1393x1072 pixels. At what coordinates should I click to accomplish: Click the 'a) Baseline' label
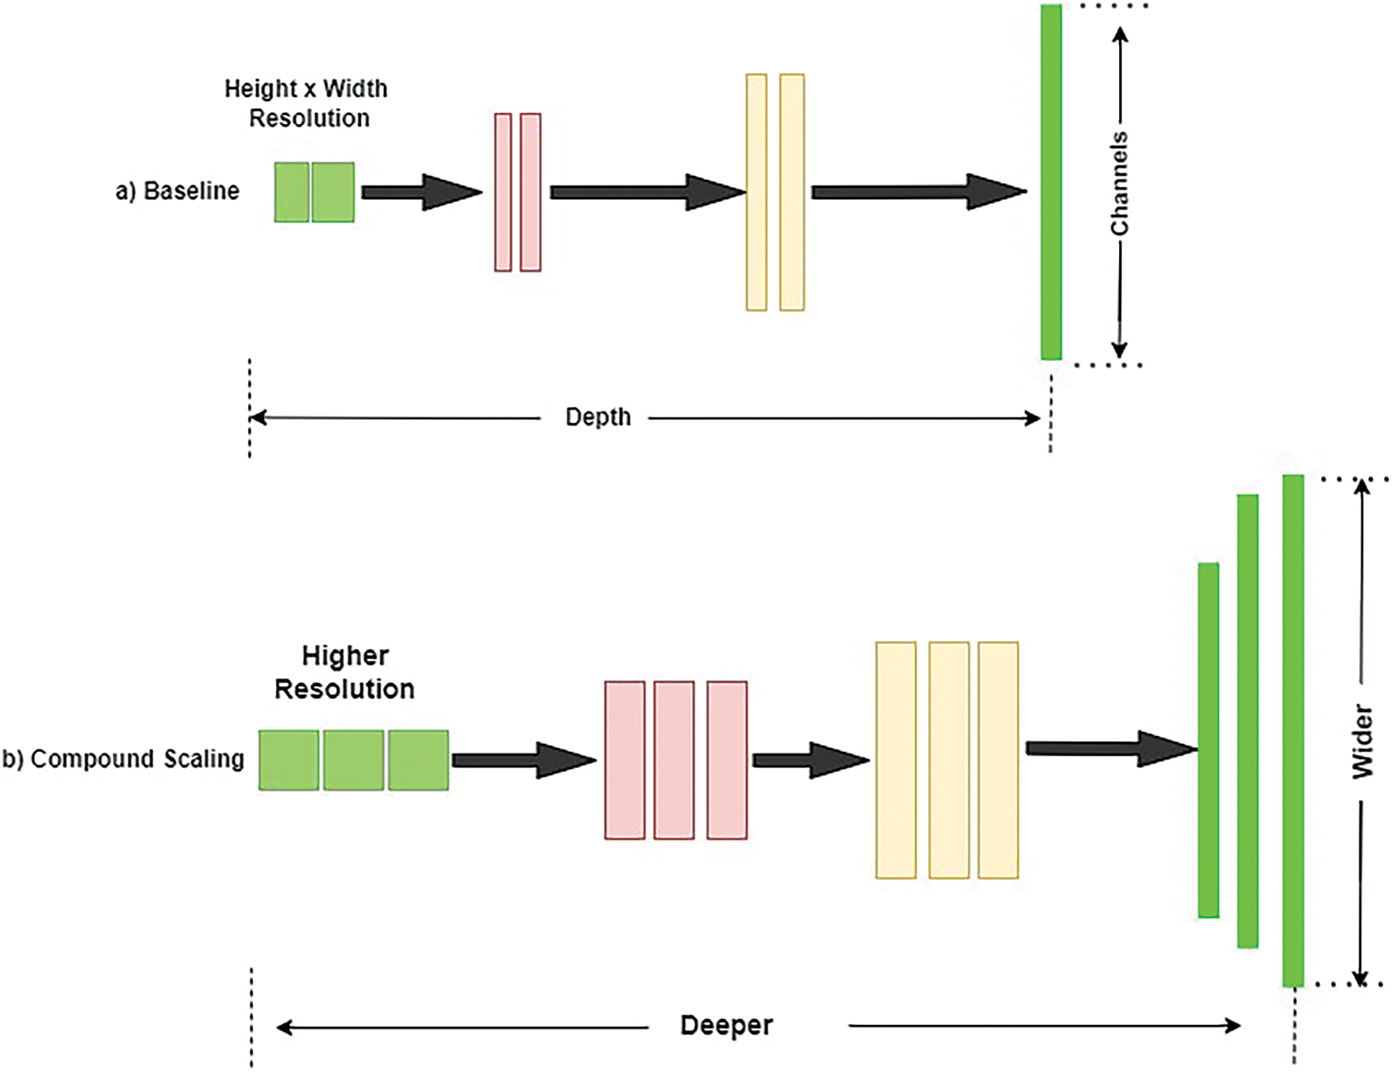coord(177,191)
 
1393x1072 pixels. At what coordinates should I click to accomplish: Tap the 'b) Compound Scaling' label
coord(123,759)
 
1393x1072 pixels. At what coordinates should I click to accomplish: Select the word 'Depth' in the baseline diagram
coord(598,418)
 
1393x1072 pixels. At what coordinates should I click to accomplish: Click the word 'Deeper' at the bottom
coord(726,1026)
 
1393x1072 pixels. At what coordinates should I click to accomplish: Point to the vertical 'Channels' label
coord(1120,183)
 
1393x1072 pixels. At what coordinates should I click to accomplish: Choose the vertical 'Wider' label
coord(1362,741)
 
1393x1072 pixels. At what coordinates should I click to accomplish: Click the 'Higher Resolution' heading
coord(344,672)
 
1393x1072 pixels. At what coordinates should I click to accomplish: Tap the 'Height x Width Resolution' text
coord(306,103)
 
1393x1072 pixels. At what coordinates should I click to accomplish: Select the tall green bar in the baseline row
coord(1051,181)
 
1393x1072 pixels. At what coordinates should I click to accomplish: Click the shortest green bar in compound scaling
coord(1208,740)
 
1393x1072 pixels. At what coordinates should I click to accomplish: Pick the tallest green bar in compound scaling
coord(1293,730)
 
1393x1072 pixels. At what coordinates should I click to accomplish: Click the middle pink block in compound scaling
coord(674,760)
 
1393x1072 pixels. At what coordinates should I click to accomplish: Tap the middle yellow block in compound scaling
coord(949,760)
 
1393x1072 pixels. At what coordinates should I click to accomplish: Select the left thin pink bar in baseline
coord(503,193)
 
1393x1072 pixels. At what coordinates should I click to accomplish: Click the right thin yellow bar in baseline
coord(791,193)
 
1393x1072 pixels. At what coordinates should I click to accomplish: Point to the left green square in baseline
coord(292,193)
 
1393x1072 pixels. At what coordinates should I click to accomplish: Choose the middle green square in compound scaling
coord(354,760)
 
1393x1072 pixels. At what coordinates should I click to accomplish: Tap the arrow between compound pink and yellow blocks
coord(810,760)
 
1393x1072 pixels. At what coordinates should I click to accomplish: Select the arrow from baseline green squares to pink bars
coord(421,192)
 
